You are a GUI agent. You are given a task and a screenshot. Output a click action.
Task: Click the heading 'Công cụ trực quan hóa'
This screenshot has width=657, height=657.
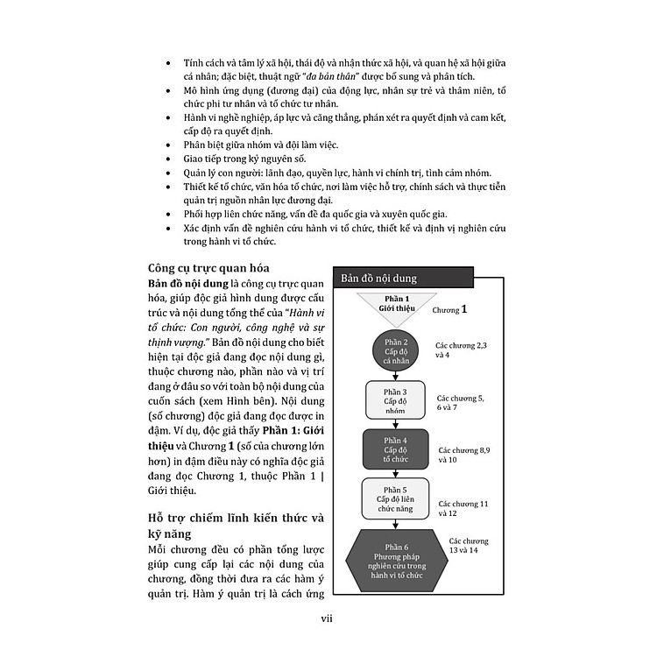(x=208, y=269)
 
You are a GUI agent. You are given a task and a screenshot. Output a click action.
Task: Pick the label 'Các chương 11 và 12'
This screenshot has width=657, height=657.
(x=463, y=509)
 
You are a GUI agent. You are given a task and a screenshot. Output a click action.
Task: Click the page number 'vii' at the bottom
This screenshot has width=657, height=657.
(x=328, y=622)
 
